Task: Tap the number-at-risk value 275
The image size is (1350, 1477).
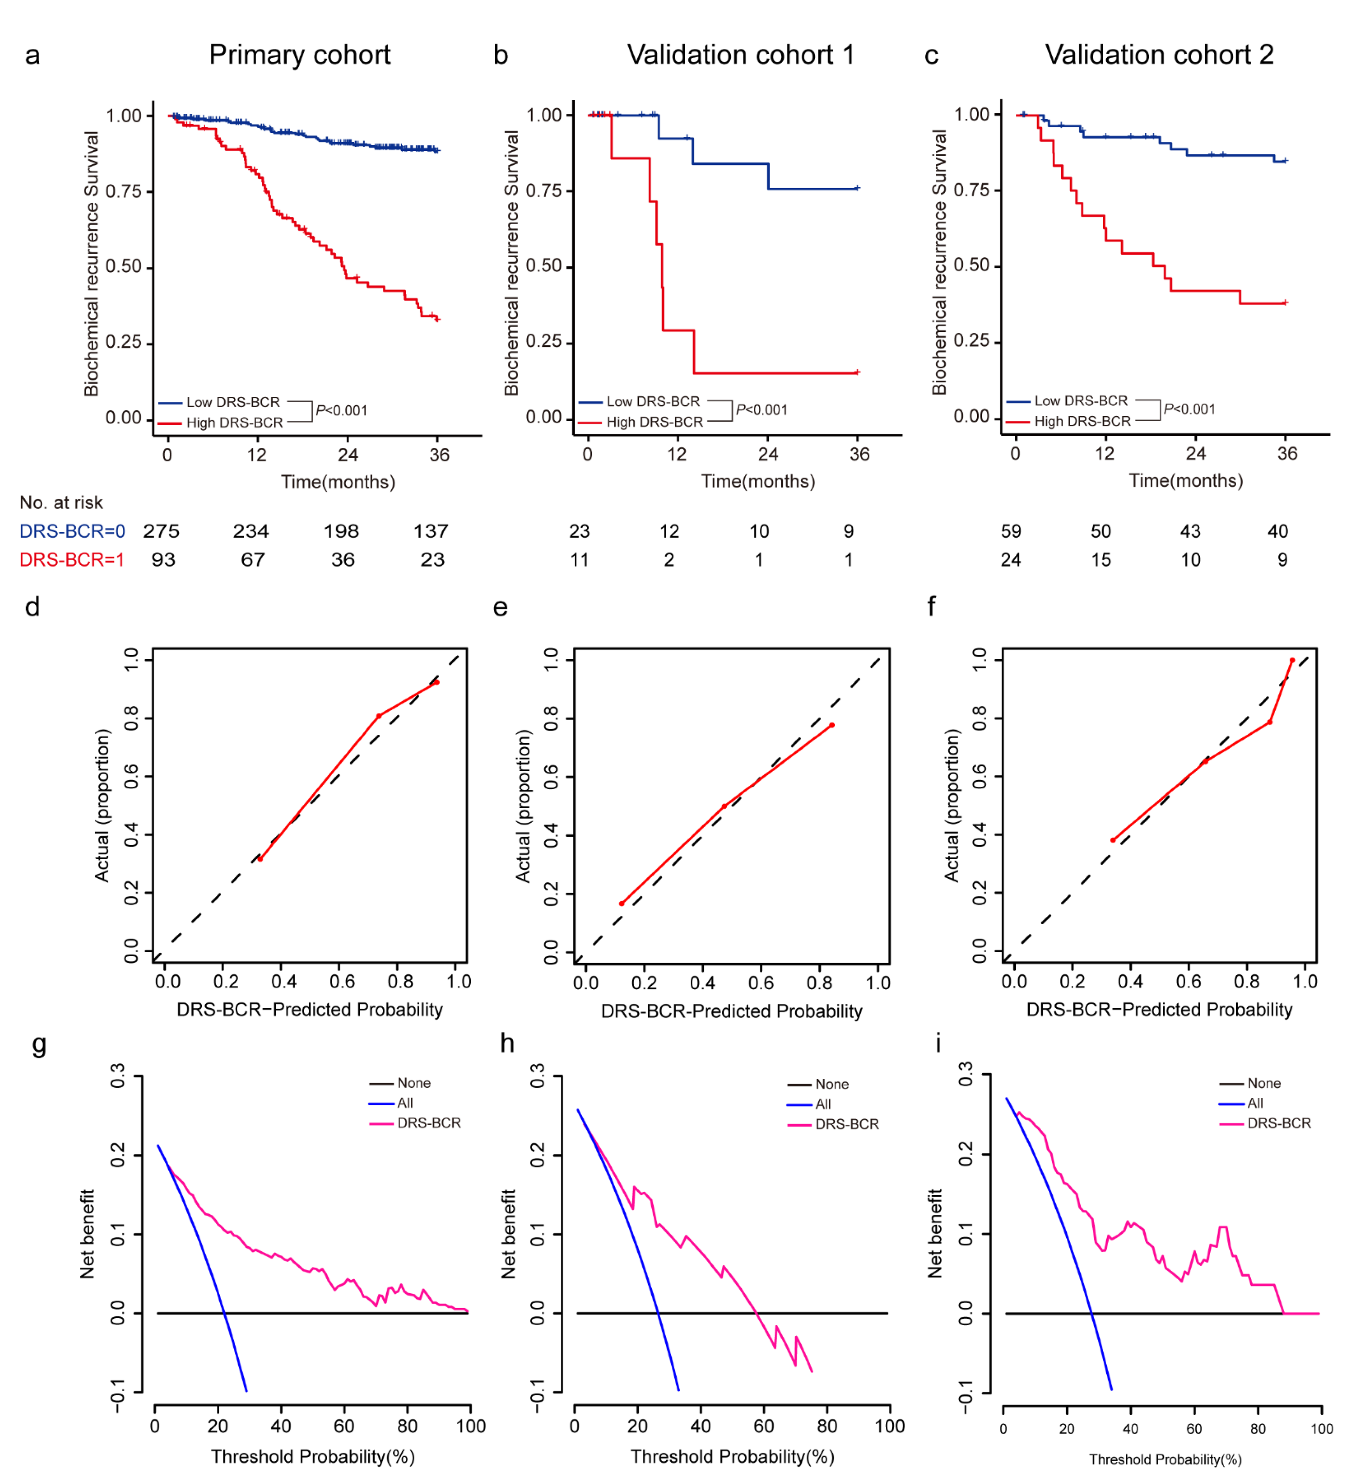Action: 161,531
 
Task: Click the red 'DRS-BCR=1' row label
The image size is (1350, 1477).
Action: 72,560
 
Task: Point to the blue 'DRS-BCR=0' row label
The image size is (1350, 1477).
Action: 72,531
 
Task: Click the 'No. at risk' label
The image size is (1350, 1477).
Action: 61,503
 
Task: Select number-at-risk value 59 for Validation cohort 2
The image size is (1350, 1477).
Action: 1011,531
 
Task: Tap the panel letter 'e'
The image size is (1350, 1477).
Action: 500,607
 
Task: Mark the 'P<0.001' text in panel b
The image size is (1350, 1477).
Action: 761,410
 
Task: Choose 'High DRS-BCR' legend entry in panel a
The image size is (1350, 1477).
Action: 234,423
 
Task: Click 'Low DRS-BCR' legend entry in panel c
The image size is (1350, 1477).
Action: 1081,401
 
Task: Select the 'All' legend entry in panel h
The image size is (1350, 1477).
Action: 823,1104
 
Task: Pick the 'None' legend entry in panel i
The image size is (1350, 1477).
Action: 1264,1083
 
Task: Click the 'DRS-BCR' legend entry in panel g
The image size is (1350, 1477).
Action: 429,1123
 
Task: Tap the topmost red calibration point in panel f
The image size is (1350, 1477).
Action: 1292,660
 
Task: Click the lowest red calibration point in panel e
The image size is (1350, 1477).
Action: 622,903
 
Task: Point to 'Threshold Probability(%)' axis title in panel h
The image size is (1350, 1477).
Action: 732,1457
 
